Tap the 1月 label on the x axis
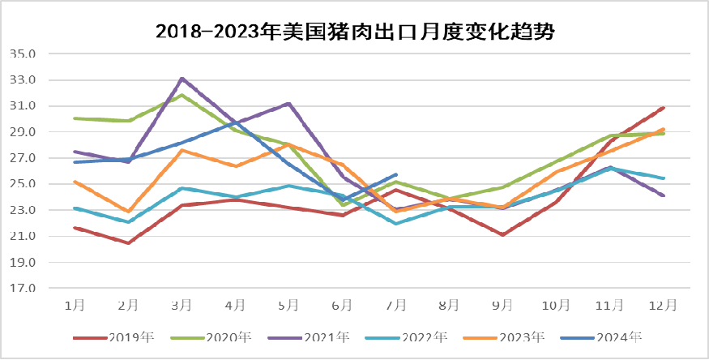(75, 305)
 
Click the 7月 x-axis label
(395, 305)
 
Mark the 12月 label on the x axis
(664, 305)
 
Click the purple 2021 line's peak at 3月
(182, 79)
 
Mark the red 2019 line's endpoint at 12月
(664, 107)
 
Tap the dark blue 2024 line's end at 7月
(395, 174)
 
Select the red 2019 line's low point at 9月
(503, 235)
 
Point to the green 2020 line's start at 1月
(75, 118)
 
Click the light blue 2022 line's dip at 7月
(395, 223)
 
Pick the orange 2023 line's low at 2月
(128, 212)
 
